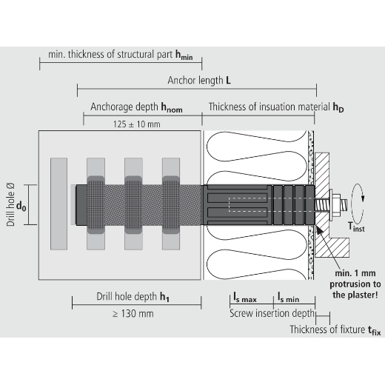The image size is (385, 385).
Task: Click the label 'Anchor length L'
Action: point(199,80)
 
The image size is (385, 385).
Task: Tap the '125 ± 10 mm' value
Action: point(137,124)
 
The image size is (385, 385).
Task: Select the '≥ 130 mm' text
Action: point(133,314)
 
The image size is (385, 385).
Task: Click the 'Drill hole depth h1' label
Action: point(133,297)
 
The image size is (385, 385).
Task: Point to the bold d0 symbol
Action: point(21,206)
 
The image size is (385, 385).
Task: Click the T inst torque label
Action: point(356,227)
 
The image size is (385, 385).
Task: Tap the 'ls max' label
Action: point(245,297)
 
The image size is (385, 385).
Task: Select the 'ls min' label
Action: point(289,297)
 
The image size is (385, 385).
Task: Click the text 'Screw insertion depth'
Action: point(272,313)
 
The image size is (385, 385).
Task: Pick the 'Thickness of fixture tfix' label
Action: point(335,330)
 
